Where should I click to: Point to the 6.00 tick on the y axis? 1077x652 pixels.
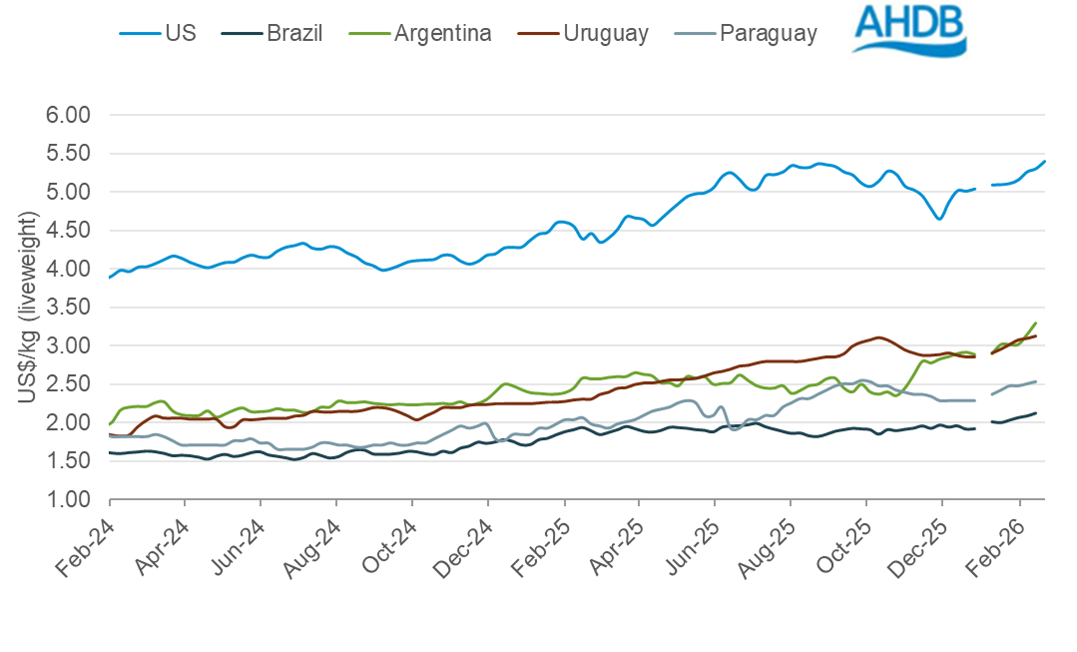tap(68, 115)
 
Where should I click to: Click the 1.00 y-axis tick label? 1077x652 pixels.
tap(68, 499)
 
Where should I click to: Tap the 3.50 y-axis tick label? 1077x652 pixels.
tap(68, 307)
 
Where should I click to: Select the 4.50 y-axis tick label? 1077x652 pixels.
tap(68, 230)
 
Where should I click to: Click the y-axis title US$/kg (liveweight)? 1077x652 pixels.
tap(27, 307)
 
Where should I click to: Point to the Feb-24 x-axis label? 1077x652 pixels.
tap(86, 548)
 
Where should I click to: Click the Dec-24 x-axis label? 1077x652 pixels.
tap(463, 548)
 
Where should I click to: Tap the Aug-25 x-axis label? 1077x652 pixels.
tap(767, 548)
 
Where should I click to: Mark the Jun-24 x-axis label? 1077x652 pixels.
tap(238, 548)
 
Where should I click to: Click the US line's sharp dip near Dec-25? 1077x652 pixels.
tap(939, 218)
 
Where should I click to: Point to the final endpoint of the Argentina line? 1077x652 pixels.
tap(1036, 323)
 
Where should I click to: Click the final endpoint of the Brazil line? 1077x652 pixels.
tap(1036, 413)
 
